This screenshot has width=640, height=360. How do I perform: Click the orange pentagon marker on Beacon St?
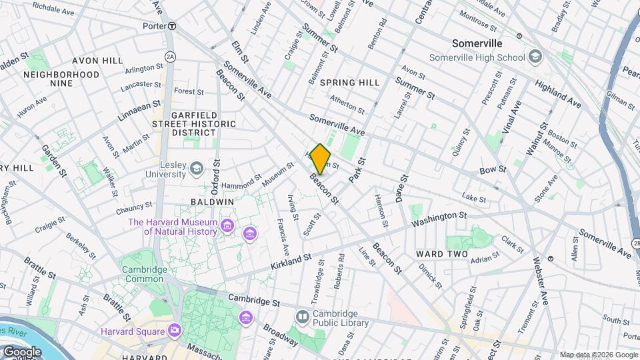click(320, 159)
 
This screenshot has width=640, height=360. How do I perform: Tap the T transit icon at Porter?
click(172, 26)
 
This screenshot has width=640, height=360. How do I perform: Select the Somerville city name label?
click(477, 43)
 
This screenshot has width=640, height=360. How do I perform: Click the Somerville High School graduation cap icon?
click(535, 57)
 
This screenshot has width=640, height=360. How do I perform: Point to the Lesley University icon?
click(197, 168)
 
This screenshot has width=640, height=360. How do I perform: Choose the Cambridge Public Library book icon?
click(303, 317)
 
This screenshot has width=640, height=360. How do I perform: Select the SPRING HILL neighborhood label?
click(349, 83)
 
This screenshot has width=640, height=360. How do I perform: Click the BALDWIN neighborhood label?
click(212, 201)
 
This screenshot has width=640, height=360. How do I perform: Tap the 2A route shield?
click(170, 57)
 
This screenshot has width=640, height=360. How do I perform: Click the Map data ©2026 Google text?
click(597, 355)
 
